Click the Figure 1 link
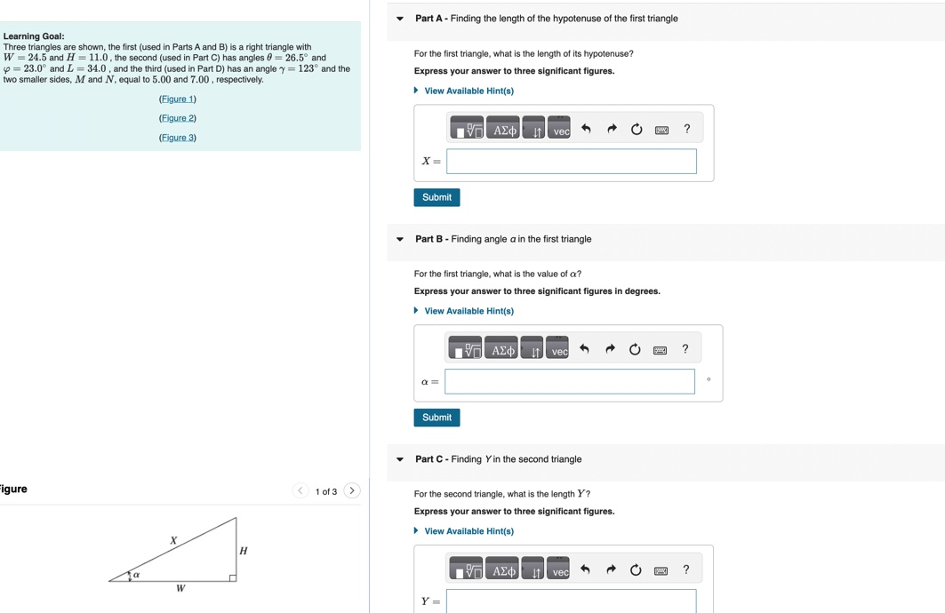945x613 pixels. coord(178,100)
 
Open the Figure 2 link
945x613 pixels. coord(178,118)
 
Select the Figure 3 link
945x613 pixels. coord(178,138)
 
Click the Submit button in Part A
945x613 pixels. coord(436,197)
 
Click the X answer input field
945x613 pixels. coord(572,162)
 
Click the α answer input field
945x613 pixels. coord(570,382)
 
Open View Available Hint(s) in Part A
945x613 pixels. coord(468,91)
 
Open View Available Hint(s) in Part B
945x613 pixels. coord(468,311)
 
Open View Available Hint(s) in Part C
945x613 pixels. coord(468,531)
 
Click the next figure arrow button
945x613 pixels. coord(352,490)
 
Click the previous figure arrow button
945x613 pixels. coord(300,490)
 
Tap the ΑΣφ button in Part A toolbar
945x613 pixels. coord(504,130)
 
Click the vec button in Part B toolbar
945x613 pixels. coord(558,350)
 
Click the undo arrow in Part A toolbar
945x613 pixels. coord(586,130)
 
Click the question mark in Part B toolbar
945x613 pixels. coord(685,349)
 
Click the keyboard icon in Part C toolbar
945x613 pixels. coord(661,570)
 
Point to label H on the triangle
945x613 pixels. coord(244,551)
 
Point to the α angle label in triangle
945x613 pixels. coord(136,575)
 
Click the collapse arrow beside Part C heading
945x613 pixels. coord(400,460)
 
